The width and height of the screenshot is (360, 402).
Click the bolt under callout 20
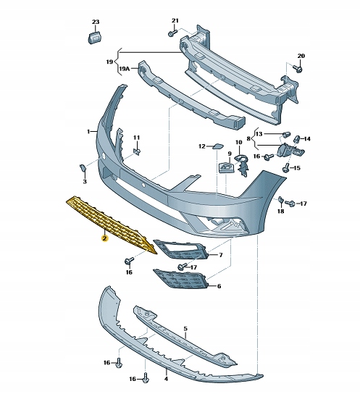pyautogui.click(x=297, y=70)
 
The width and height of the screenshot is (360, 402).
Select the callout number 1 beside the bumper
pyautogui.click(x=88, y=131)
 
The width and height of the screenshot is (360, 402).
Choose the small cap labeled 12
pyautogui.click(x=216, y=146)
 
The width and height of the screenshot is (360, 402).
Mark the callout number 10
pyautogui.click(x=239, y=142)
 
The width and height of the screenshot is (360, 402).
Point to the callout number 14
pyautogui.click(x=306, y=138)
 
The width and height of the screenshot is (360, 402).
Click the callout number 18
pyautogui.click(x=281, y=211)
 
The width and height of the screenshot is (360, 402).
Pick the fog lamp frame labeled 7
pyautogui.click(x=180, y=251)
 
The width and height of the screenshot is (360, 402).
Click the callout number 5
pyautogui.click(x=185, y=329)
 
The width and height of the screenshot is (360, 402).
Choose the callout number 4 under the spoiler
pyautogui.click(x=166, y=378)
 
